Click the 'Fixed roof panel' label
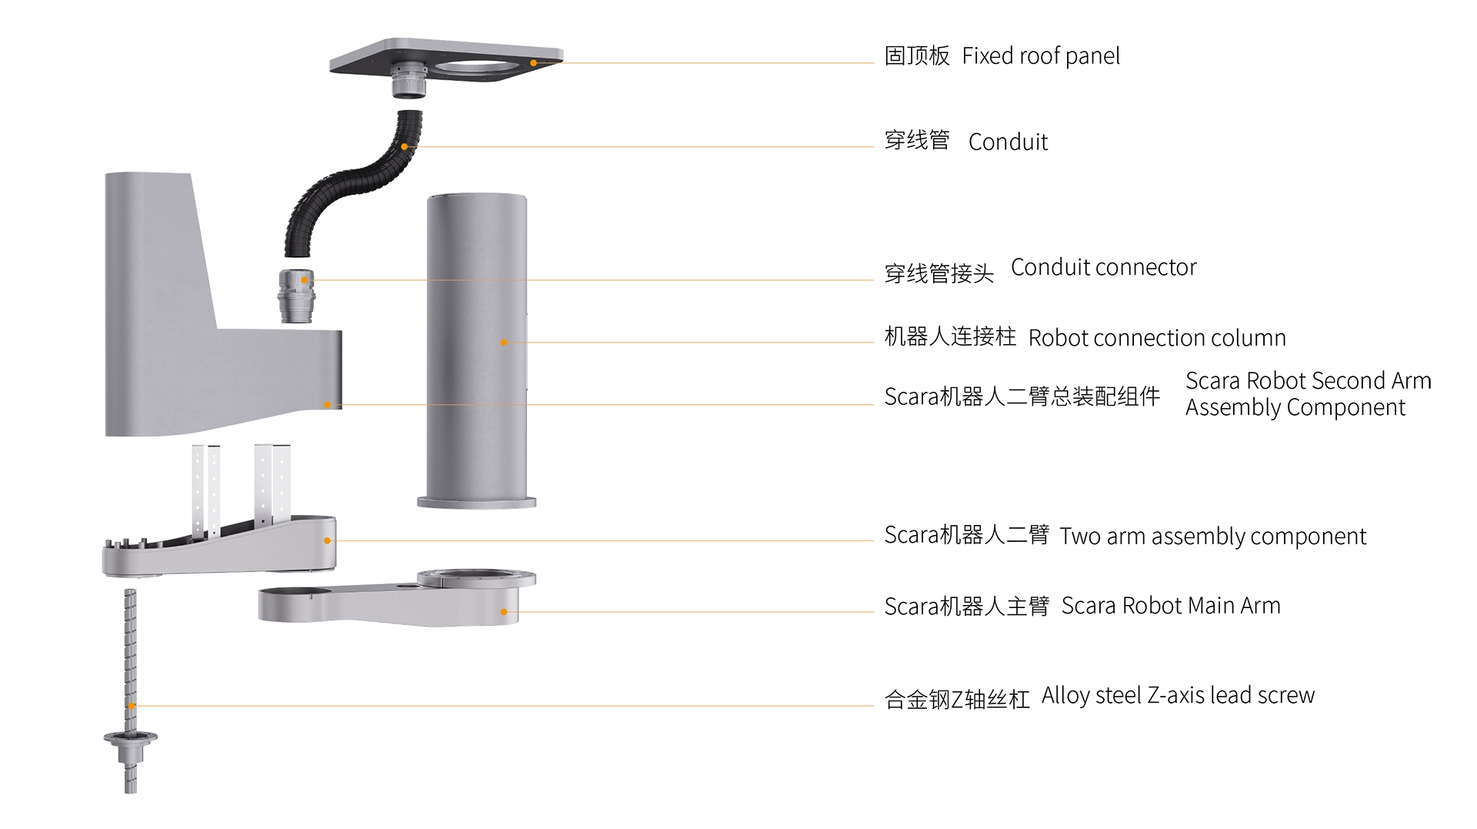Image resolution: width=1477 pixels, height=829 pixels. click(1040, 56)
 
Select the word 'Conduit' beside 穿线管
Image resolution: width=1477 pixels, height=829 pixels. click(1008, 142)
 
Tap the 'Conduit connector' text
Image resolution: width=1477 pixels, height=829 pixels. click(1103, 267)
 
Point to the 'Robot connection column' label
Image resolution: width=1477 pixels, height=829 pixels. click(1157, 338)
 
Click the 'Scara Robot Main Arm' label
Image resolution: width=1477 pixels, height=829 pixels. click(1171, 606)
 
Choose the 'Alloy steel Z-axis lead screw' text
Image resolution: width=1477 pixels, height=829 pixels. click(1178, 696)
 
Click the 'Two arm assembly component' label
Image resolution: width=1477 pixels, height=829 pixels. click(1212, 537)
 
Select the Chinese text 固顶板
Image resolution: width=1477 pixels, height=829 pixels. click(917, 56)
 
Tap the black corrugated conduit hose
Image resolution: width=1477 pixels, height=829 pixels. click(354, 185)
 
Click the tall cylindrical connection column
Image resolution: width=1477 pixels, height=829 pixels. click(477, 350)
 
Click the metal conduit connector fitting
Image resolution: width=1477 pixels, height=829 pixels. click(297, 296)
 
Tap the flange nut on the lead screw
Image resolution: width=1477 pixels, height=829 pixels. click(131, 739)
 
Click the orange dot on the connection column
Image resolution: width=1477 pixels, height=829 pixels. click(504, 343)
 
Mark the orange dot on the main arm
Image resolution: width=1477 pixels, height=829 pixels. click(504, 612)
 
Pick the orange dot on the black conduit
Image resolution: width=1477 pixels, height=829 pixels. click(405, 146)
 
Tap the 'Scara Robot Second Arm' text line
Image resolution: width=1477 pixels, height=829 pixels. click(1308, 380)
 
